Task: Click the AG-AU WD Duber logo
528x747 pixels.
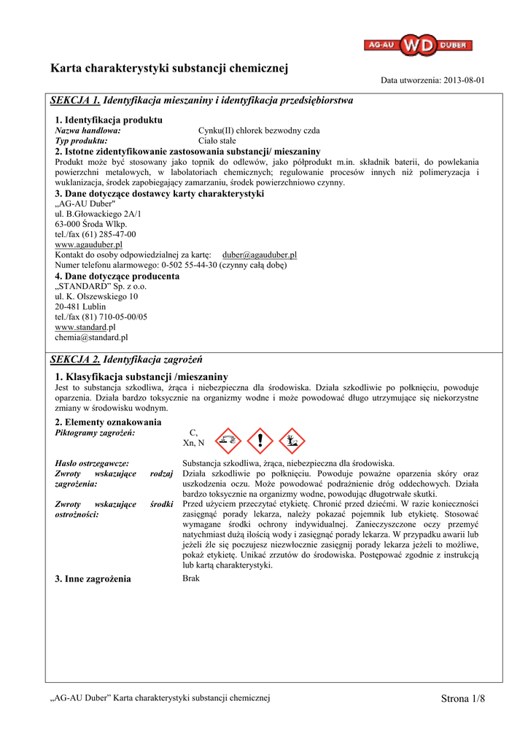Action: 418,46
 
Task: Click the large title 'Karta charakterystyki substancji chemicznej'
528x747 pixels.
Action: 169,69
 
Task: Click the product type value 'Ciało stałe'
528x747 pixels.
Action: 218,140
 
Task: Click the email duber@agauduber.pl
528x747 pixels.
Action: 259,255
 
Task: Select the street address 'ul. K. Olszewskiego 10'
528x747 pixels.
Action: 96,297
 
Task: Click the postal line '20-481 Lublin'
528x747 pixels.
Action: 80,307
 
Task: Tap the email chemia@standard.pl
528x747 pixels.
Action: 91,338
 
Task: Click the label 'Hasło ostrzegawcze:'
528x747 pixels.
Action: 92,463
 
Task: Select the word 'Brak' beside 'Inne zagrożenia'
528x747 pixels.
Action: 190,578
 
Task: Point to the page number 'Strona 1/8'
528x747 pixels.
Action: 462,699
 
